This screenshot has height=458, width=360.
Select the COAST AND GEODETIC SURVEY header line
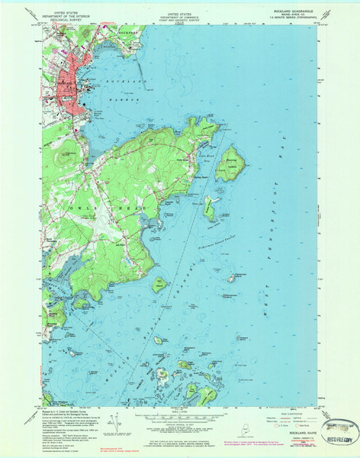180,18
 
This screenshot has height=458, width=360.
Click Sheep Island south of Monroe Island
210,208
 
